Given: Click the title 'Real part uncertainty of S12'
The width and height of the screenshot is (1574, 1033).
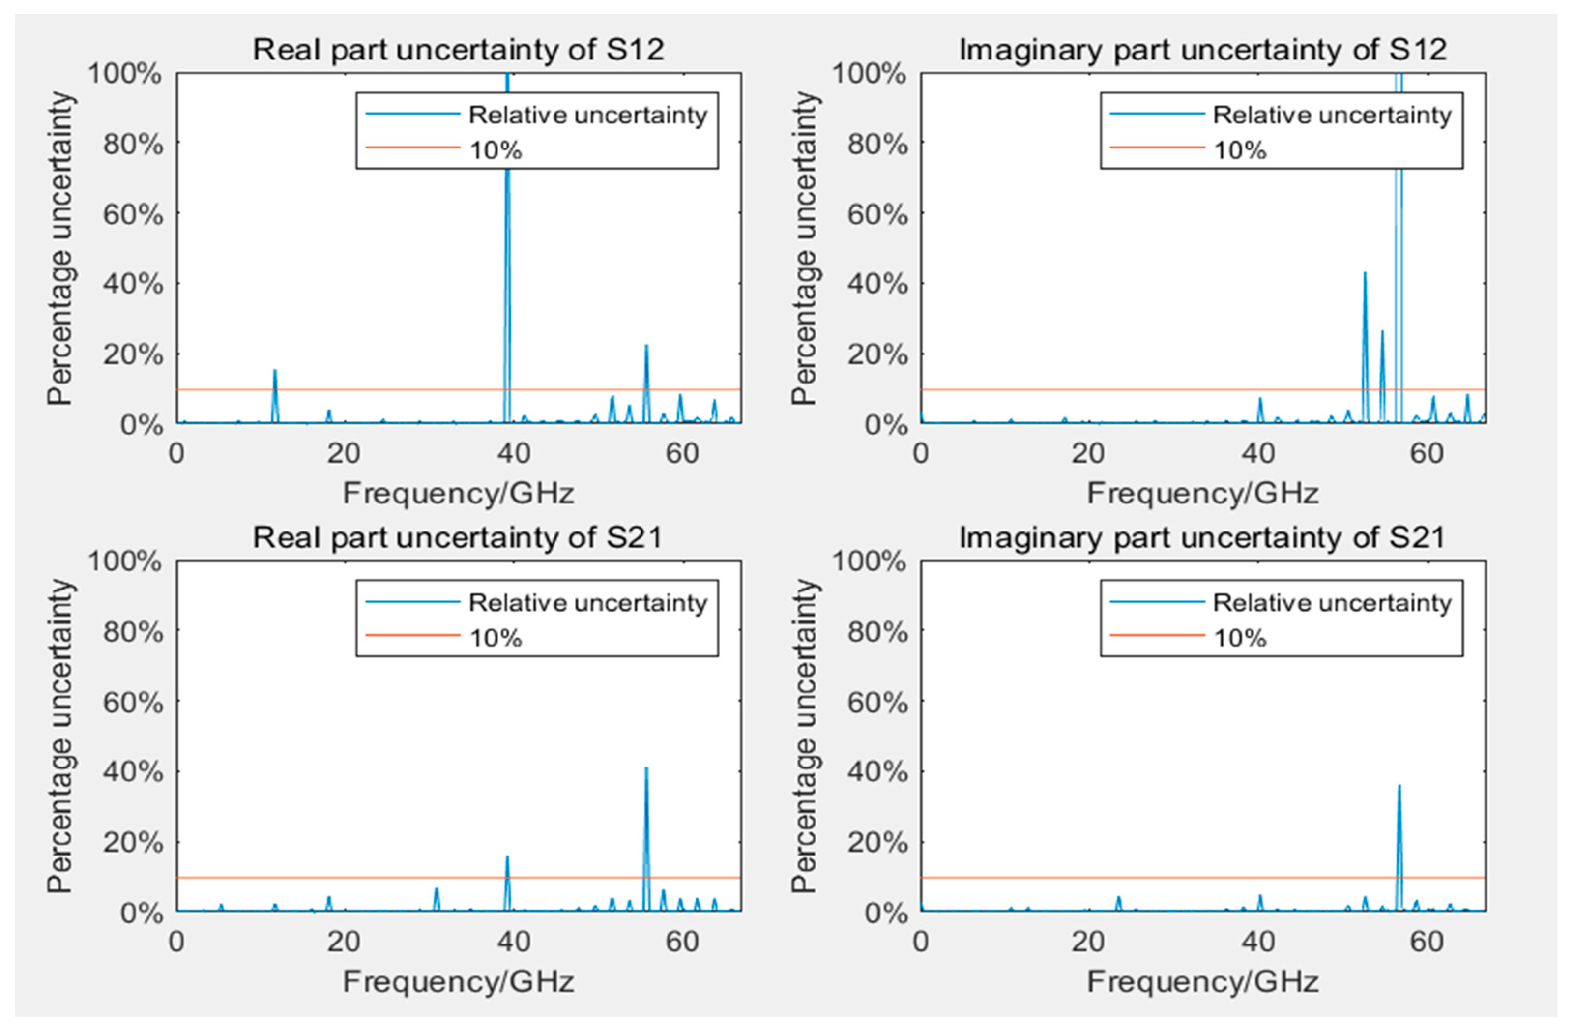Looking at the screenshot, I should pyautogui.click(x=458, y=50).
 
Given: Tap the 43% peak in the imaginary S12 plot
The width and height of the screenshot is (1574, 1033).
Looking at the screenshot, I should pyautogui.click(x=1365, y=274).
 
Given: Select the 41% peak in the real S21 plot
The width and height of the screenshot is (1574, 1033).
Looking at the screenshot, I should pyautogui.click(x=646, y=769).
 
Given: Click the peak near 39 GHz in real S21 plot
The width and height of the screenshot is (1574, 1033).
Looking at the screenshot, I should pyautogui.click(x=507, y=858).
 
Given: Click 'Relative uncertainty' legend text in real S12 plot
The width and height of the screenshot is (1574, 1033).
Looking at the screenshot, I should pyautogui.click(x=588, y=115).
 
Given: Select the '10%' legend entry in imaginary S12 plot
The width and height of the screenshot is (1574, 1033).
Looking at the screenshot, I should pyautogui.click(x=1239, y=151).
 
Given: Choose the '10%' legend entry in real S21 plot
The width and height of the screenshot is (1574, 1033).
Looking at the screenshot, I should pyautogui.click(x=496, y=638).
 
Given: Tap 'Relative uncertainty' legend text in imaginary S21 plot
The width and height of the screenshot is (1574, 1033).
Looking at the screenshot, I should pyautogui.click(x=1332, y=602).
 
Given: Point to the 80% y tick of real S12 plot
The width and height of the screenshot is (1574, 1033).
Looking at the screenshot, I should pyautogui.click(x=132, y=144).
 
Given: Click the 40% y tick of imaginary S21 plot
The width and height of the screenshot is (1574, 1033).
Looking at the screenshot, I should pyautogui.click(x=877, y=772).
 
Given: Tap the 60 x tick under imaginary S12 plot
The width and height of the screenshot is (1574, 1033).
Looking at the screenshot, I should pyautogui.click(x=1427, y=454).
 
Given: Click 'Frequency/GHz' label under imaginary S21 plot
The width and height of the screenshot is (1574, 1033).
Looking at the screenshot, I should pyautogui.click(x=1202, y=981).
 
